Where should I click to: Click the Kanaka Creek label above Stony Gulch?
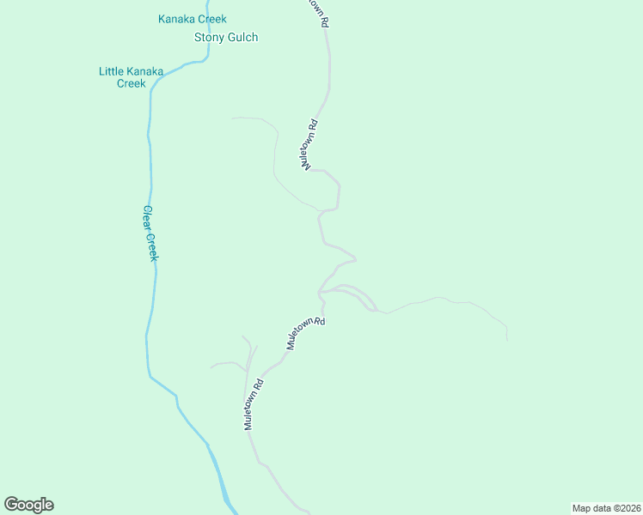[193, 19]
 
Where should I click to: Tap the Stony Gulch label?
[226, 37]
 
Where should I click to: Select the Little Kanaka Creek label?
[131, 77]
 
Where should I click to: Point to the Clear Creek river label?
[151, 233]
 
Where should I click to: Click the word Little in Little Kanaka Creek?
[112, 71]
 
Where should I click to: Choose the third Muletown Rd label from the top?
[307, 333]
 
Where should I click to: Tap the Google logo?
[28, 505]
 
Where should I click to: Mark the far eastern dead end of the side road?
[506, 340]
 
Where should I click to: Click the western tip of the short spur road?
[211, 368]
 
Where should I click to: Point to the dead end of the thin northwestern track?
[232, 118]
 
